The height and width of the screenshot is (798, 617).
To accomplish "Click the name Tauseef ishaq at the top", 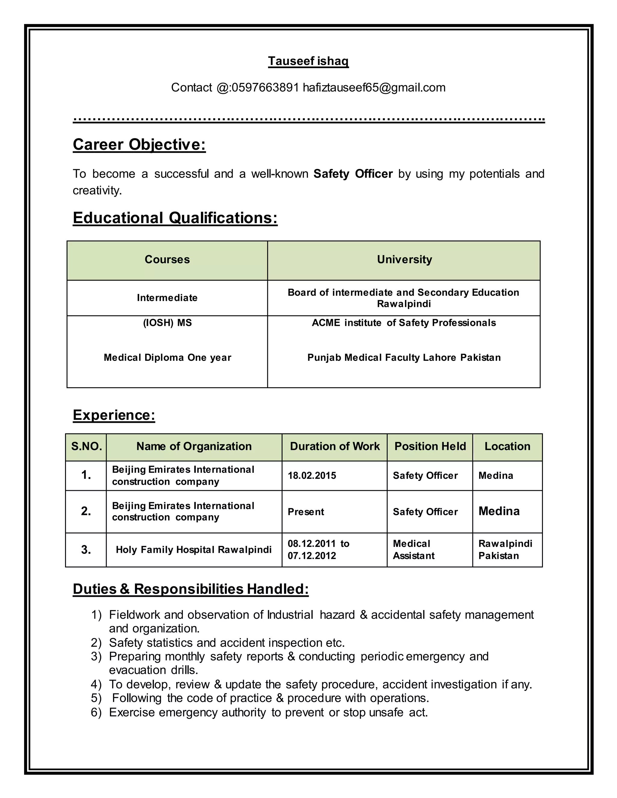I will click(308, 61).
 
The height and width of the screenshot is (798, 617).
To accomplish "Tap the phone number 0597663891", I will click(265, 88).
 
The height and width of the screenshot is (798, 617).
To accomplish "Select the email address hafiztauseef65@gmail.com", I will click(374, 88).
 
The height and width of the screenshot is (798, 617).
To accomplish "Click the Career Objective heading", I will click(139, 144).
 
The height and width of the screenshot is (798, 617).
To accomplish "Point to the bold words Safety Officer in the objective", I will click(353, 173).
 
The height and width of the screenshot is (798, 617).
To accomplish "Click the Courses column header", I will click(167, 259).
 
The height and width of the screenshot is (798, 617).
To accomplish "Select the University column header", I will click(404, 259).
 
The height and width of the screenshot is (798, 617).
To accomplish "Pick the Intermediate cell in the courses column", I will click(167, 298).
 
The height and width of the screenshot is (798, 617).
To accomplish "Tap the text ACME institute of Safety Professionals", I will click(403, 323).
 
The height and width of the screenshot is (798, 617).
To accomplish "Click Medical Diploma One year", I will click(168, 357).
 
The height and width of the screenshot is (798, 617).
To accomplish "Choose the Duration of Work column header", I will click(334, 446).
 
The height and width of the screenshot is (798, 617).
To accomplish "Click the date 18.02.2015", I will click(312, 475).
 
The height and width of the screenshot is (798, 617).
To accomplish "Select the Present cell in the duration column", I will click(305, 512).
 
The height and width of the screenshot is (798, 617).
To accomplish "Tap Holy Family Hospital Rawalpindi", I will click(194, 550).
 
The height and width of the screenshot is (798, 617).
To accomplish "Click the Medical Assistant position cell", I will click(413, 550).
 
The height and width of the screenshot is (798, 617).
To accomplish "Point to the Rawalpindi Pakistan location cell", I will click(505, 550).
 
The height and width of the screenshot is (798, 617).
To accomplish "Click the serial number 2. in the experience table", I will click(86, 511).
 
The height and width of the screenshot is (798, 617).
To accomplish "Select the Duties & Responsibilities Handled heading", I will click(190, 589).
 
